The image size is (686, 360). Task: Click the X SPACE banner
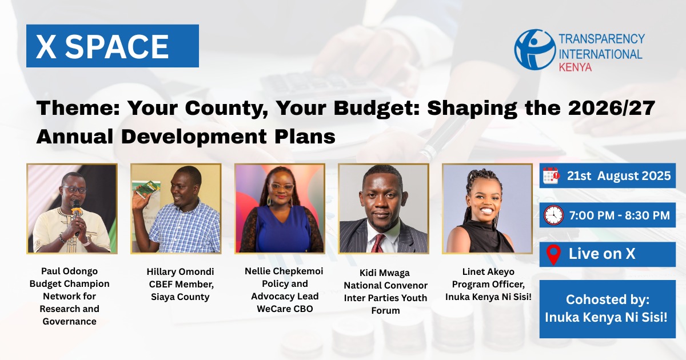pos(112,46)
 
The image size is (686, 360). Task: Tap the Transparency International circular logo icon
pos(534,50)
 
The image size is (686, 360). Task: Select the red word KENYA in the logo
pos(575,67)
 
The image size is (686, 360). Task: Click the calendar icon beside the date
pos(551,176)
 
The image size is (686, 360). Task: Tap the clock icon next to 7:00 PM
pos(553,215)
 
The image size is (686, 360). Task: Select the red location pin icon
pos(553,254)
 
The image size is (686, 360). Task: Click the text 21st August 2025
pos(619,176)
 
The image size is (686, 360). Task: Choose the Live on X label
pos(601,254)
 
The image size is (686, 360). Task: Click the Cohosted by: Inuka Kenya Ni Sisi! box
pos(608,309)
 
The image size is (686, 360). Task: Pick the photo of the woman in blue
pos(280,209)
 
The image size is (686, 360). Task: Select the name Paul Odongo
pos(69,271)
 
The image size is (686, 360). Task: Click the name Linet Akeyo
pos(487,272)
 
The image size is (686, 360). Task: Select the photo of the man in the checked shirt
pos(176,209)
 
